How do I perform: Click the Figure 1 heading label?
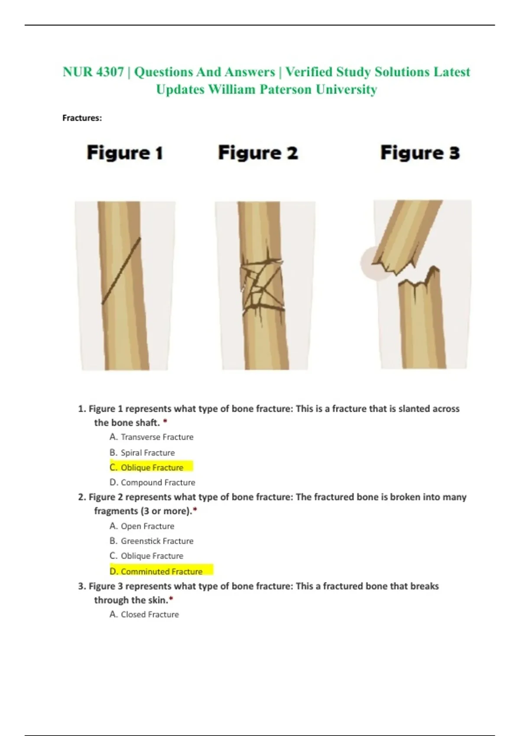[125, 153]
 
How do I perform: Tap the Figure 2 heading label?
[258, 153]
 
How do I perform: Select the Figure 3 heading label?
[420, 153]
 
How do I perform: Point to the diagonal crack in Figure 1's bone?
[121, 271]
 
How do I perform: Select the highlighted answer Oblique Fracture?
[152, 467]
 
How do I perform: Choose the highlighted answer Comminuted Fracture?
[162, 571]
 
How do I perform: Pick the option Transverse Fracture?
[152, 437]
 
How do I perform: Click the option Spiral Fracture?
[142, 452]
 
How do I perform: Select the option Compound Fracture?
[152, 482]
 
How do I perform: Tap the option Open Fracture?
[142, 526]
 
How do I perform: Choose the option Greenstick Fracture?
[152, 541]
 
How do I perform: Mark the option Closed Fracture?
[144, 614]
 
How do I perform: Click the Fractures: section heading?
[82, 118]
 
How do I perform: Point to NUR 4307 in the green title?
[94, 72]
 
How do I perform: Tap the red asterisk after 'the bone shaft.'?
[165, 421]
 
